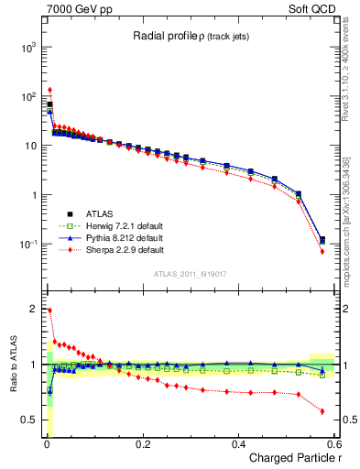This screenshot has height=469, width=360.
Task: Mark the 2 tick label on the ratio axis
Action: (33, 309)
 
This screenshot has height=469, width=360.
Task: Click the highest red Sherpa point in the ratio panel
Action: (49, 311)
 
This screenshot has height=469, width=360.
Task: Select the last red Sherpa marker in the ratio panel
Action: (322, 411)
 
